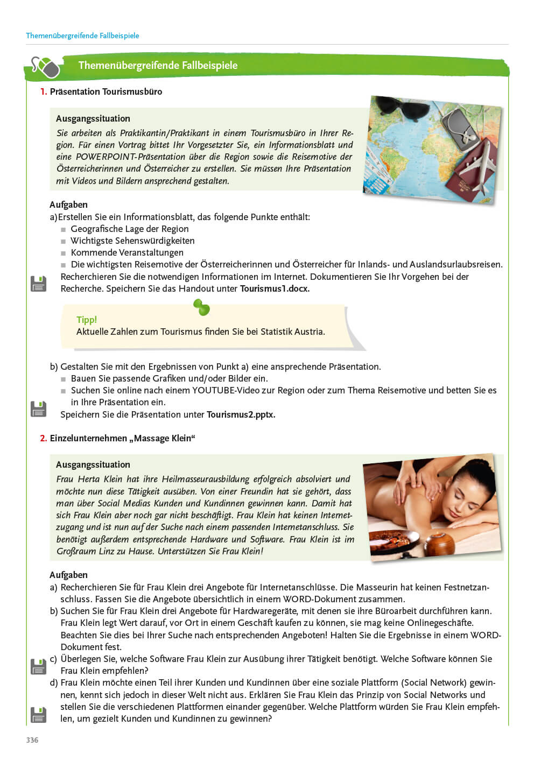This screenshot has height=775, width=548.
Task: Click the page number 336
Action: coord(32,740)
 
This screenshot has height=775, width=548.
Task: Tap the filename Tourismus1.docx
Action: coord(275,288)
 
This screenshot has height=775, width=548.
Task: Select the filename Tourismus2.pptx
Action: coord(241,414)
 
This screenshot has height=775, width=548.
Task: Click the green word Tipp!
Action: coord(87,320)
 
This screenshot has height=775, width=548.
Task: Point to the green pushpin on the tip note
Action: coord(201,307)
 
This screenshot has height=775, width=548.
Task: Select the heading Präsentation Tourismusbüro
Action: coord(106,91)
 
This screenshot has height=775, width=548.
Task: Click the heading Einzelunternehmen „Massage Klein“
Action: coord(122,438)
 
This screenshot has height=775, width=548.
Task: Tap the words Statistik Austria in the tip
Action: coord(292,332)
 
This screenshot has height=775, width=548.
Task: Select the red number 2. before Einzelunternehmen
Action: coord(43,438)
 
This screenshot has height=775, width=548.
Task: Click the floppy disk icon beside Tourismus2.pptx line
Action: coord(38,408)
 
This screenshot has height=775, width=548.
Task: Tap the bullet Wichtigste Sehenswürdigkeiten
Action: coord(132,241)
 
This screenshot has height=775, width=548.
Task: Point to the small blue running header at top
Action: coord(82,36)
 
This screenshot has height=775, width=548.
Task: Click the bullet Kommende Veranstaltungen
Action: coord(127,252)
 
